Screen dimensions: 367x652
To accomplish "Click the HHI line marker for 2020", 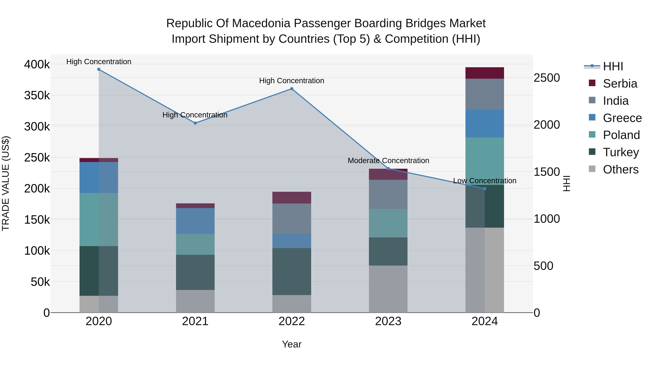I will [x=99, y=69].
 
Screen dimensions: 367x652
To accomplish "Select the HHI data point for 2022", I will [x=292, y=89].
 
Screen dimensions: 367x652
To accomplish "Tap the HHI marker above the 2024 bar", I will [x=484, y=189].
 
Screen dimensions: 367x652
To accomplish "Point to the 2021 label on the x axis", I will [x=195, y=321].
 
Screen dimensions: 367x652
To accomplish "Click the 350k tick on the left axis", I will [x=37, y=96].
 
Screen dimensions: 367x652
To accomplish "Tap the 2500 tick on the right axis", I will [x=547, y=78].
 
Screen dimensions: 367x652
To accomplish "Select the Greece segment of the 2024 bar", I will [x=484, y=124].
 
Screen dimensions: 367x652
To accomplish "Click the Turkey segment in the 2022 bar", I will [x=292, y=271].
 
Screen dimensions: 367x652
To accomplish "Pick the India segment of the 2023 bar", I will [x=388, y=194].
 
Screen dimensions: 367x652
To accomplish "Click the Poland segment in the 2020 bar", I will [x=99, y=220].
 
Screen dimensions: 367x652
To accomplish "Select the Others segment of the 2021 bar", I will [x=195, y=301].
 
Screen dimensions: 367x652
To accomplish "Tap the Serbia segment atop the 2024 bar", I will [x=484, y=73].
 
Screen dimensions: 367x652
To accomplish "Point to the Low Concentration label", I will [x=484, y=181].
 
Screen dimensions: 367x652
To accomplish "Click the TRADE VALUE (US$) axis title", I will [x=6, y=183].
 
